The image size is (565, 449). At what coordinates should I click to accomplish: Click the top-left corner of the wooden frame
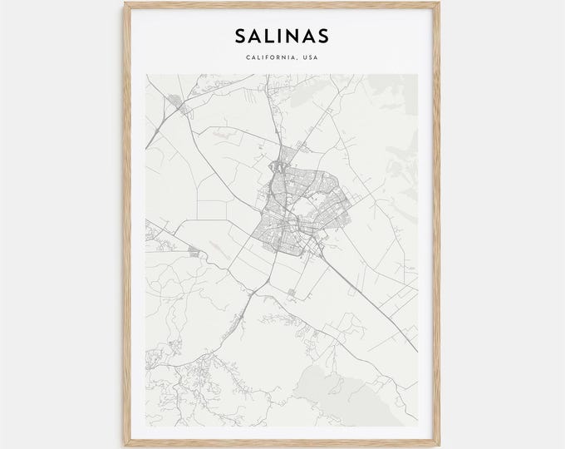(129, 2)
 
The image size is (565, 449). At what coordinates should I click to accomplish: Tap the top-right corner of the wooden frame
(436, 2)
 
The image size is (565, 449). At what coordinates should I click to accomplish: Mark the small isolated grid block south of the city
(292, 294)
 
